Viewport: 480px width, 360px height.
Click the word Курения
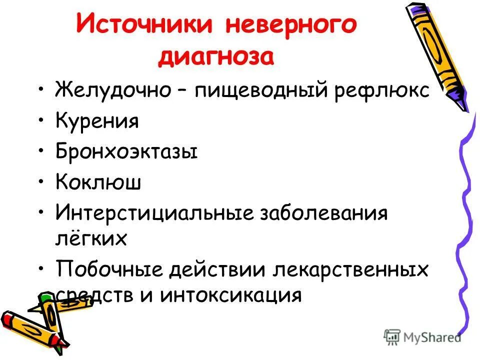(x=97, y=121)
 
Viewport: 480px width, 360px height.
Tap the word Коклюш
(x=98, y=182)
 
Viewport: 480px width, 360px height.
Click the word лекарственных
(x=350, y=269)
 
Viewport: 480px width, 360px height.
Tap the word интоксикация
(x=231, y=295)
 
